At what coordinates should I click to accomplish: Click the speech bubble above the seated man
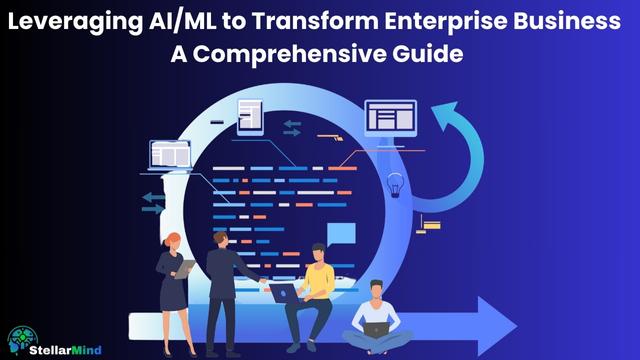(341, 234)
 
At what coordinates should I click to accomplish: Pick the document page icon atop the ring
(250, 118)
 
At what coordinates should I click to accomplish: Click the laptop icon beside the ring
(170, 156)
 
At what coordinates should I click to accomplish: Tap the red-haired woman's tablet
(186, 267)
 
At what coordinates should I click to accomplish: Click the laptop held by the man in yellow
(283, 292)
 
